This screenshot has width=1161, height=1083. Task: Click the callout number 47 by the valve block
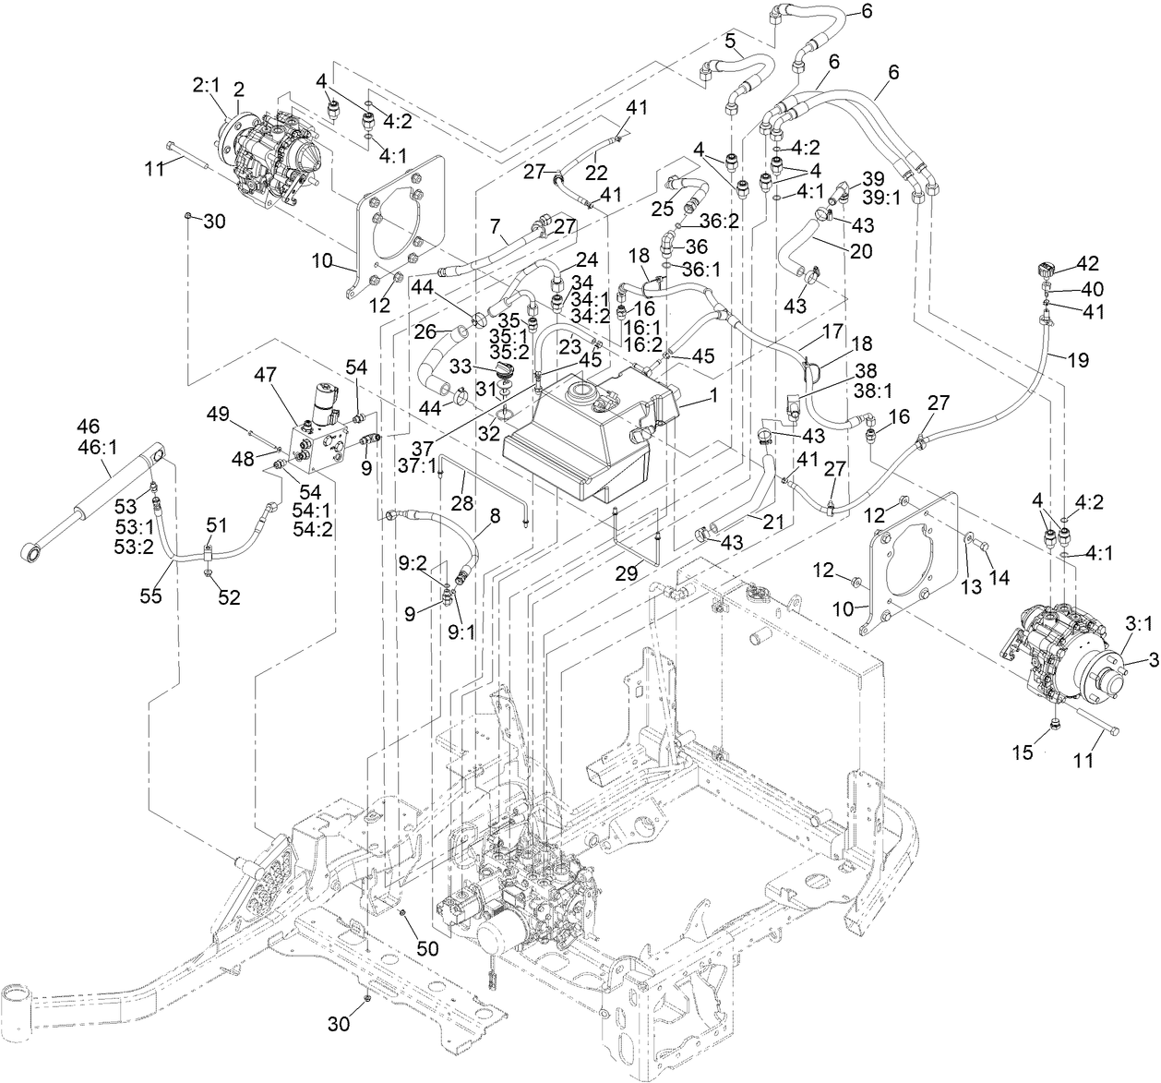[x=266, y=376]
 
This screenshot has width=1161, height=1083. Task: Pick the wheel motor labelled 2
[x=268, y=152]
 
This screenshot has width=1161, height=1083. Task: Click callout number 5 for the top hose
[x=729, y=41]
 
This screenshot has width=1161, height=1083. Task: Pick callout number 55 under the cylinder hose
[x=150, y=596]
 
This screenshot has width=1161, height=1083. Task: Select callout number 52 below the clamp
[x=229, y=597]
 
